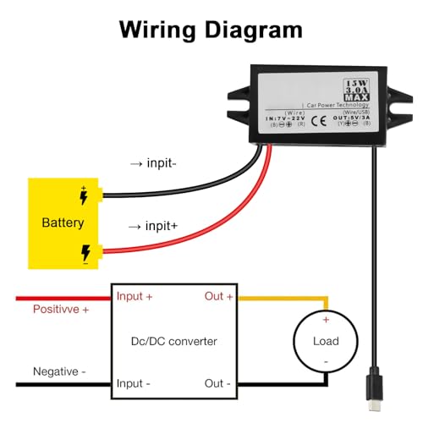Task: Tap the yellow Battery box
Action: click(63, 223)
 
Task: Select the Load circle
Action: click(326, 342)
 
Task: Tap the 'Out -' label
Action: click(217, 383)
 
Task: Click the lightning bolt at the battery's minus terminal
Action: click(85, 252)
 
